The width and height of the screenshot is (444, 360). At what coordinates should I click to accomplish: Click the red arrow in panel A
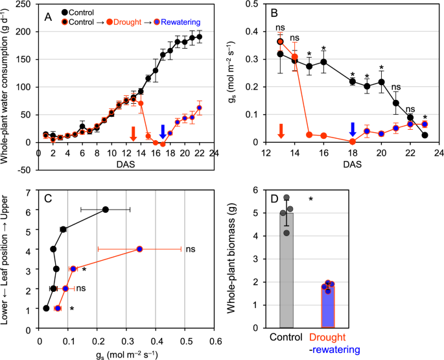point(133,132)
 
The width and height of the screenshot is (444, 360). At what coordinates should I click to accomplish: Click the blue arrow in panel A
point(162,130)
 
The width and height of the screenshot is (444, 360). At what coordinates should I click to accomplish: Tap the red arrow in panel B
point(281,130)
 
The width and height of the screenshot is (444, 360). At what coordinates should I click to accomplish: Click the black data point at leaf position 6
point(106,209)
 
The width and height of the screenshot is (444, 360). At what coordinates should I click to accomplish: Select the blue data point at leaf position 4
point(139,248)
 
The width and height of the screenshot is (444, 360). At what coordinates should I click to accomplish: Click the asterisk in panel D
point(311,200)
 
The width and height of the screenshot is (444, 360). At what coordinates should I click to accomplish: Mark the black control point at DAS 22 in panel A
point(199,37)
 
